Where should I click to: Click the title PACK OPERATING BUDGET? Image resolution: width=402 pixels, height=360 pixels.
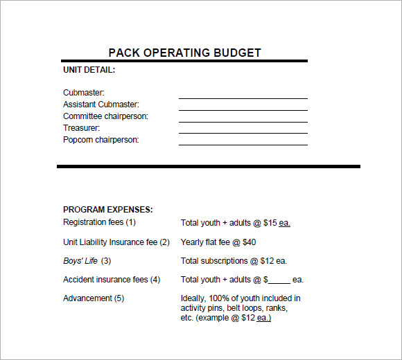(x=184, y=53)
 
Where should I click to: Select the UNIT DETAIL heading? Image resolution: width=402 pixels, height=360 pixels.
(x=89, y=70)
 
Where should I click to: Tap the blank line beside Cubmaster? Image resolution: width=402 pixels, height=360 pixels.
(x=243, y=98)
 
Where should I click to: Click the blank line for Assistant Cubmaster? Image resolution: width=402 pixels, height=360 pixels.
(x=243, y=110)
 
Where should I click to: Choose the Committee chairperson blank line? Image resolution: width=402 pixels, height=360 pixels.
(x=243, y=122)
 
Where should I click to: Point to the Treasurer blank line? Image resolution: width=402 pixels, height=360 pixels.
(x=243, y=133)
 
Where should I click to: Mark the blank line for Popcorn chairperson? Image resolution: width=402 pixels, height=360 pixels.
(x=243, y=145)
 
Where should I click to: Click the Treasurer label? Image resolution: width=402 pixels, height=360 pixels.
(x=81, y=128)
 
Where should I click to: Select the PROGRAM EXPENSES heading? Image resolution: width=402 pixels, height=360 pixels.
(x=107, y=210)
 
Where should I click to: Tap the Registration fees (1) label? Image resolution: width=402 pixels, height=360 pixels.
(x=99, y=222)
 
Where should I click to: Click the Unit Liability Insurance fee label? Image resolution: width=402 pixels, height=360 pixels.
(x=116, y=242)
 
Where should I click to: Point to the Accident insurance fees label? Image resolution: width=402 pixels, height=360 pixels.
(x=111, y=280)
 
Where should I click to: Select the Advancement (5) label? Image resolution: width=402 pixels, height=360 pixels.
(x=94, y=298)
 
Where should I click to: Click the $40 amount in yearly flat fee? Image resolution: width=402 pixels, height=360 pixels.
(x=249, y=242)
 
